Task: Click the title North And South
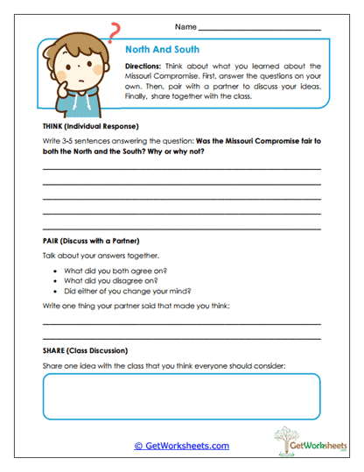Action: point(162,50)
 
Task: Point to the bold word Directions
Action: point(145,66)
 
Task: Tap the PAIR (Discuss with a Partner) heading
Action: point(91,241)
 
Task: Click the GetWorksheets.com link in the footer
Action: point(181,446)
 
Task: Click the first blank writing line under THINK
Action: point(181,168)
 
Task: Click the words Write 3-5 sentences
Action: point(79,142)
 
